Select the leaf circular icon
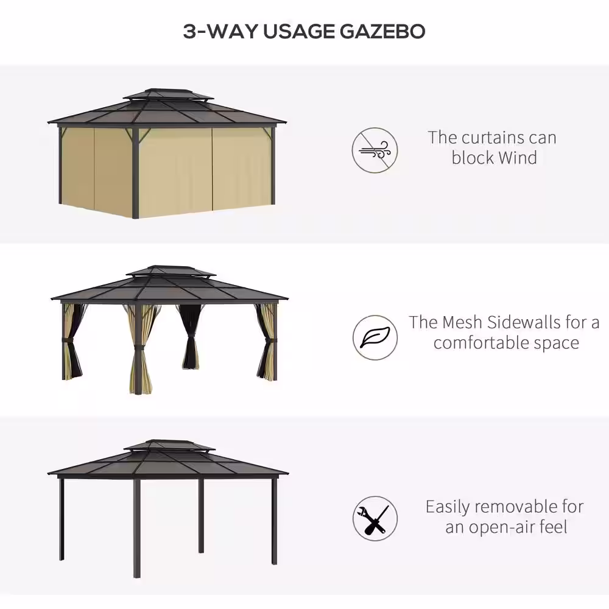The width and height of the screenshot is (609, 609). [375, 337]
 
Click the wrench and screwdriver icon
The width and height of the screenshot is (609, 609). [375, 518]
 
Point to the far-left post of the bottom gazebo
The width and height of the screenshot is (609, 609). [62, 518]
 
